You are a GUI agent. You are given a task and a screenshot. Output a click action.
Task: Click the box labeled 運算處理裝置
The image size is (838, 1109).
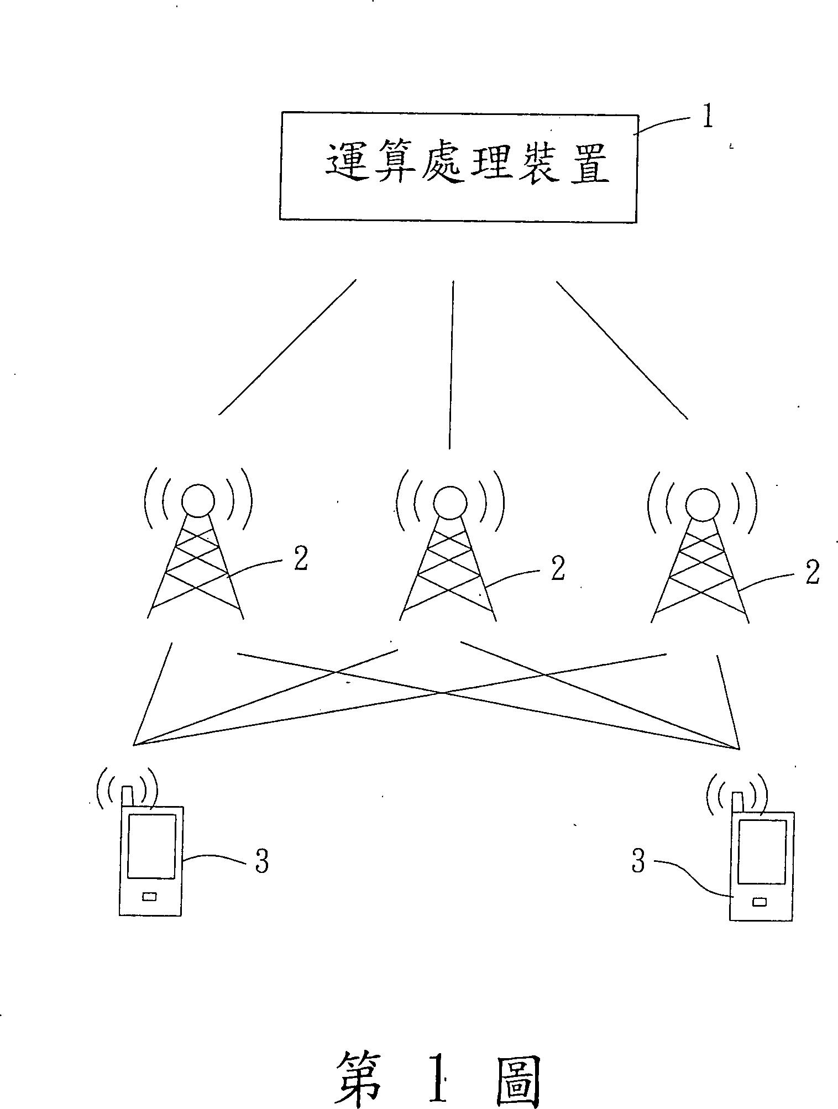[458, 168]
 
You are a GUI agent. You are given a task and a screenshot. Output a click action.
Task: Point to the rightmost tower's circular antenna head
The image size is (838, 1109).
[702, 504]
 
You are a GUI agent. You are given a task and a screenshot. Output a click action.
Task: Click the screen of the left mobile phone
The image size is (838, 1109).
[151, 845]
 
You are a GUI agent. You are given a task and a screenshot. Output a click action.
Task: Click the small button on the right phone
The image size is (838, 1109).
[760, 902]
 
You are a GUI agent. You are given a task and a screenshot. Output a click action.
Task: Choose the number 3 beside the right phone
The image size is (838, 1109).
[638, 861]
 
